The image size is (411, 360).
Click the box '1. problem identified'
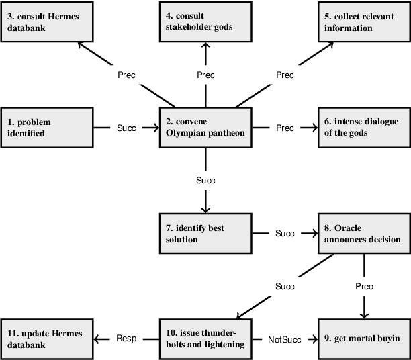(45, 128)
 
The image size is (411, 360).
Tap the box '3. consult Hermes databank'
(46, 22)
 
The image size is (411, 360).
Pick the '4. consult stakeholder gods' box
(205, 22)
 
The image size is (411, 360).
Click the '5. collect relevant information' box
(363, 22)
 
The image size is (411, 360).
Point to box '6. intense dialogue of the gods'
(363, 128)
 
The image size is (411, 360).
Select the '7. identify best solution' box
(205, 233)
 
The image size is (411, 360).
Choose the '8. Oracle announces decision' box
(363, 233)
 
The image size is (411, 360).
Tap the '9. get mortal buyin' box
(363, 339)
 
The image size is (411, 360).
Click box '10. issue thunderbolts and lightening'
(205, 339)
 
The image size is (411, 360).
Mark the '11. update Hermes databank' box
(46, 339)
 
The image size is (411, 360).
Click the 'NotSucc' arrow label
(284, 339)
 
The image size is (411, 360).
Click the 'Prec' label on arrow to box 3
(126, 75)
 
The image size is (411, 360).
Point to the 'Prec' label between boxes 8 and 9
(363, 286)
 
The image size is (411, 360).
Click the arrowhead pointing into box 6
(314, 127)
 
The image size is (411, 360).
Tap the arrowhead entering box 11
(96, 339)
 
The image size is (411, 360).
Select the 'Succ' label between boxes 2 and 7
(205, 181)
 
